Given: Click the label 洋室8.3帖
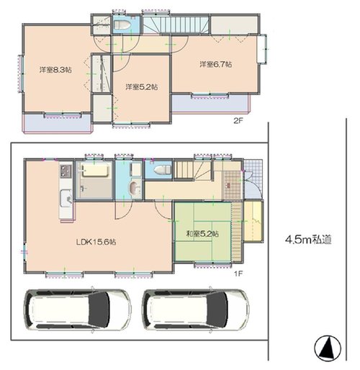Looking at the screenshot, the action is [55, 70].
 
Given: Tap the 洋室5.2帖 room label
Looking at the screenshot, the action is [142, 87].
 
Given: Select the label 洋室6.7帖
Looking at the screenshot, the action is [216, 64].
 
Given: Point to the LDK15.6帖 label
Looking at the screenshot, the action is [96, 242].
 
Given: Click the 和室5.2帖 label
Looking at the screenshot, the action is [202, 234].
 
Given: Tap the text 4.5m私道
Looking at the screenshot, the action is [308, 240].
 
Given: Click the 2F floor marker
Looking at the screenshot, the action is [238, 121].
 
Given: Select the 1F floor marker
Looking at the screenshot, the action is [239, 274].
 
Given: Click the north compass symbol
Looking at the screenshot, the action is [328, 348].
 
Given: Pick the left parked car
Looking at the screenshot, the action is [77, 310].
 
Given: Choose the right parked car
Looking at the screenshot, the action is [196, 310].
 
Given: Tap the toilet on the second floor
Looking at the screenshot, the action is [122, 24].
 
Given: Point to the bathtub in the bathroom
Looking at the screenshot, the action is [94, 170].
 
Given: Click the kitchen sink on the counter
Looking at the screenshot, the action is [66, 198].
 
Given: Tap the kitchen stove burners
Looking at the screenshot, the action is [66, 171].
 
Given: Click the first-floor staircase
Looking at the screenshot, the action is [193, 171].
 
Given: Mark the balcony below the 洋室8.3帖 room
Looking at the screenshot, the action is [58, 123].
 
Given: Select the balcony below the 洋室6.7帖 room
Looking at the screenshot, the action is [211, 103].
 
